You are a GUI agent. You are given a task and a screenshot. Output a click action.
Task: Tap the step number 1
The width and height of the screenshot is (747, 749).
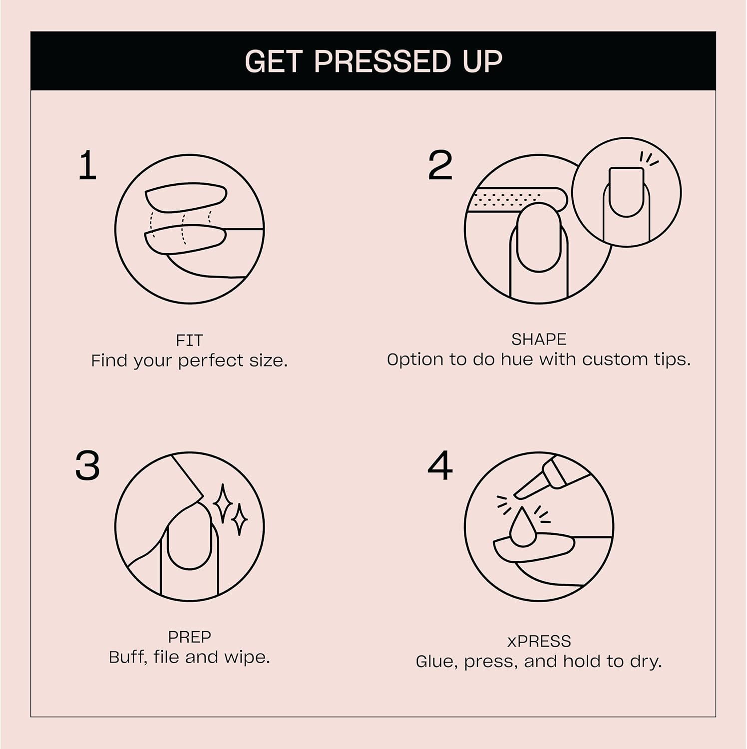[x=87, y=166]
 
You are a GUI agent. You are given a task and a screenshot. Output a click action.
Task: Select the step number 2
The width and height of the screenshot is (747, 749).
[x=440, y=166]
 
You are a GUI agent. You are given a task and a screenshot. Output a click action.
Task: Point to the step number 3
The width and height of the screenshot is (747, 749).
[x=87, y=465]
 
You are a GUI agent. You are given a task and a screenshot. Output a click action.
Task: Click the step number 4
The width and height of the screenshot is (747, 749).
[x=440, y=465]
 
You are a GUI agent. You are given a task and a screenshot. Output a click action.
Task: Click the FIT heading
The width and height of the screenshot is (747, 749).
[x=189, y=341]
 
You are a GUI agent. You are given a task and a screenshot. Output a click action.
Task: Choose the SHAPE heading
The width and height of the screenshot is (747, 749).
[x=538, y=340]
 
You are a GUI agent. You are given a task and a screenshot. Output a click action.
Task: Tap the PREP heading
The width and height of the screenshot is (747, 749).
[x=189, y=637]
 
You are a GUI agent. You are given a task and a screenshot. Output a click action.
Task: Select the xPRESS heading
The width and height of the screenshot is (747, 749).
[x=538, y=641]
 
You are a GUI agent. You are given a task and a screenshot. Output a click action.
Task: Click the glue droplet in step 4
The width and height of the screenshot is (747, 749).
[x=522, y=528]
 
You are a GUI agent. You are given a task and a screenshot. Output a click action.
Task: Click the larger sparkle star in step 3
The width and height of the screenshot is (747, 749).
[x=222, y=503]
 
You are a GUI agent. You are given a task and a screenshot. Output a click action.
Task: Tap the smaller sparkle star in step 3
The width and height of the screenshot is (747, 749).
[x=239, y=520]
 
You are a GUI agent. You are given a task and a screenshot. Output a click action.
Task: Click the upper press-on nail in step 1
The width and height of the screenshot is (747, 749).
[x=186, y=197]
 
